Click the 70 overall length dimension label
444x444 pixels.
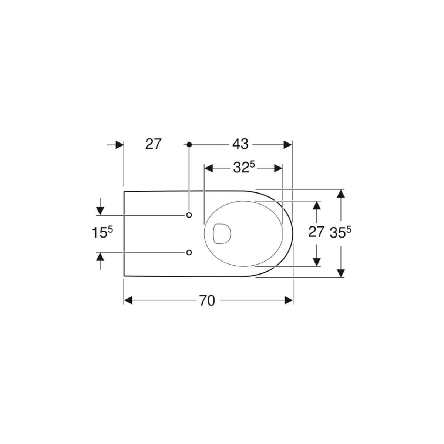tap(207, 300)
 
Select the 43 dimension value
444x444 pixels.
tap(240, 144)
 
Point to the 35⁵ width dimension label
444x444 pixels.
tap(341, 232)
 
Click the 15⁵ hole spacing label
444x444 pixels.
tap(102, 232)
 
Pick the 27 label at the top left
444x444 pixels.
tap(153, 144)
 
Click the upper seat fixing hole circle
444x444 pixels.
tap(189, 215)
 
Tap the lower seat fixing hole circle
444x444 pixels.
tap(189, 253)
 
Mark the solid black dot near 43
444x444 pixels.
tap(189, 145)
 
